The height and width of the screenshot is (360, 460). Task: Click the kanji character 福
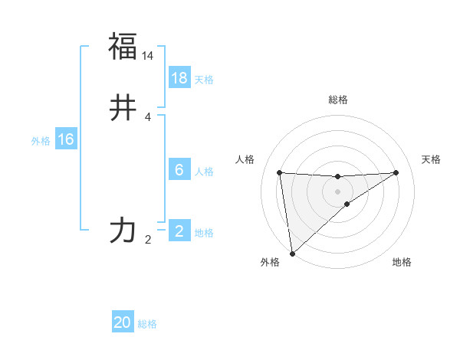(x=123, y=47)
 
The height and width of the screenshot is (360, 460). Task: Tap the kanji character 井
(x=123, y=109)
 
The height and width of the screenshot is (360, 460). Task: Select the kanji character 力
(x=123, y=230)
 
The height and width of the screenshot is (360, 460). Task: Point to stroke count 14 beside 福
(x=148, y=57)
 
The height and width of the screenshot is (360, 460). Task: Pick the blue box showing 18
(x=179, y=78)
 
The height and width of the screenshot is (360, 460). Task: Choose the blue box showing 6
(x=179, y=170)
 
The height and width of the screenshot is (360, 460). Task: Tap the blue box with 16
(x=66, y=139)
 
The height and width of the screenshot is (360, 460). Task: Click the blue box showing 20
(x=123, y=323)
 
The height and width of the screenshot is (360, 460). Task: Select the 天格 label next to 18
(x=204, y=80)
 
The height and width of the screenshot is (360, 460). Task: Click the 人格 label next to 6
(x=204, y=172)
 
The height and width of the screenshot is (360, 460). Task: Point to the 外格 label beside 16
(x=41, y=141)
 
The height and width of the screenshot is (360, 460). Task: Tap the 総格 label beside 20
(x=147, y=325)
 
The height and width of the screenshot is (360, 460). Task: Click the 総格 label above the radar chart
(x=338, y=100)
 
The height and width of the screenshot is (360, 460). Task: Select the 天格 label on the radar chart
(x=431, y=159)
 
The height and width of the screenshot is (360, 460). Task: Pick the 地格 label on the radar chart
(x=402, y=263)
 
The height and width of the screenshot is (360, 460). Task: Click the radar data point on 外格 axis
(x=291, y=253)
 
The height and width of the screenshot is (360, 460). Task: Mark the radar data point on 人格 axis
(x=280, y=172)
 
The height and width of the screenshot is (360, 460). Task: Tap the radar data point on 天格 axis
(x=396, y=172)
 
